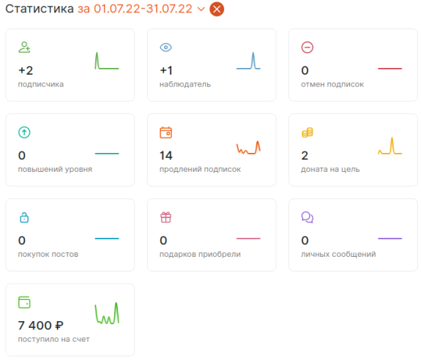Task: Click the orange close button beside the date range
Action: coord(217,9)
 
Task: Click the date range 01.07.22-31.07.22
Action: coord(143,9)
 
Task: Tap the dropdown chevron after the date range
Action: coord(201,9)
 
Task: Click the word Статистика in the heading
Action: coord(40,9)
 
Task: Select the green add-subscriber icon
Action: coord(24,48)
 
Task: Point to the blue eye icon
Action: coord(165,48)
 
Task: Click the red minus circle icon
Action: coord(308,48)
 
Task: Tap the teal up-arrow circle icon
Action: coord(24,132)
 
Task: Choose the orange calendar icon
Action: coord(165,132)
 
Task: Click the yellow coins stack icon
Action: coord(308,132)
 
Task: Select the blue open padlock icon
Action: coord(24,217)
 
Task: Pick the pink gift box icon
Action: coord(165,217)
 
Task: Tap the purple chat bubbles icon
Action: coord(308,217)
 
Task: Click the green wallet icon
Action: coord(24,302)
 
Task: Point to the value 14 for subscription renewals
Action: coord(166,156)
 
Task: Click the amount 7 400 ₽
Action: coord(40,326)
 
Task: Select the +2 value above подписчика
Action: coord(26,70)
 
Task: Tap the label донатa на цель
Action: coord(330,170)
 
